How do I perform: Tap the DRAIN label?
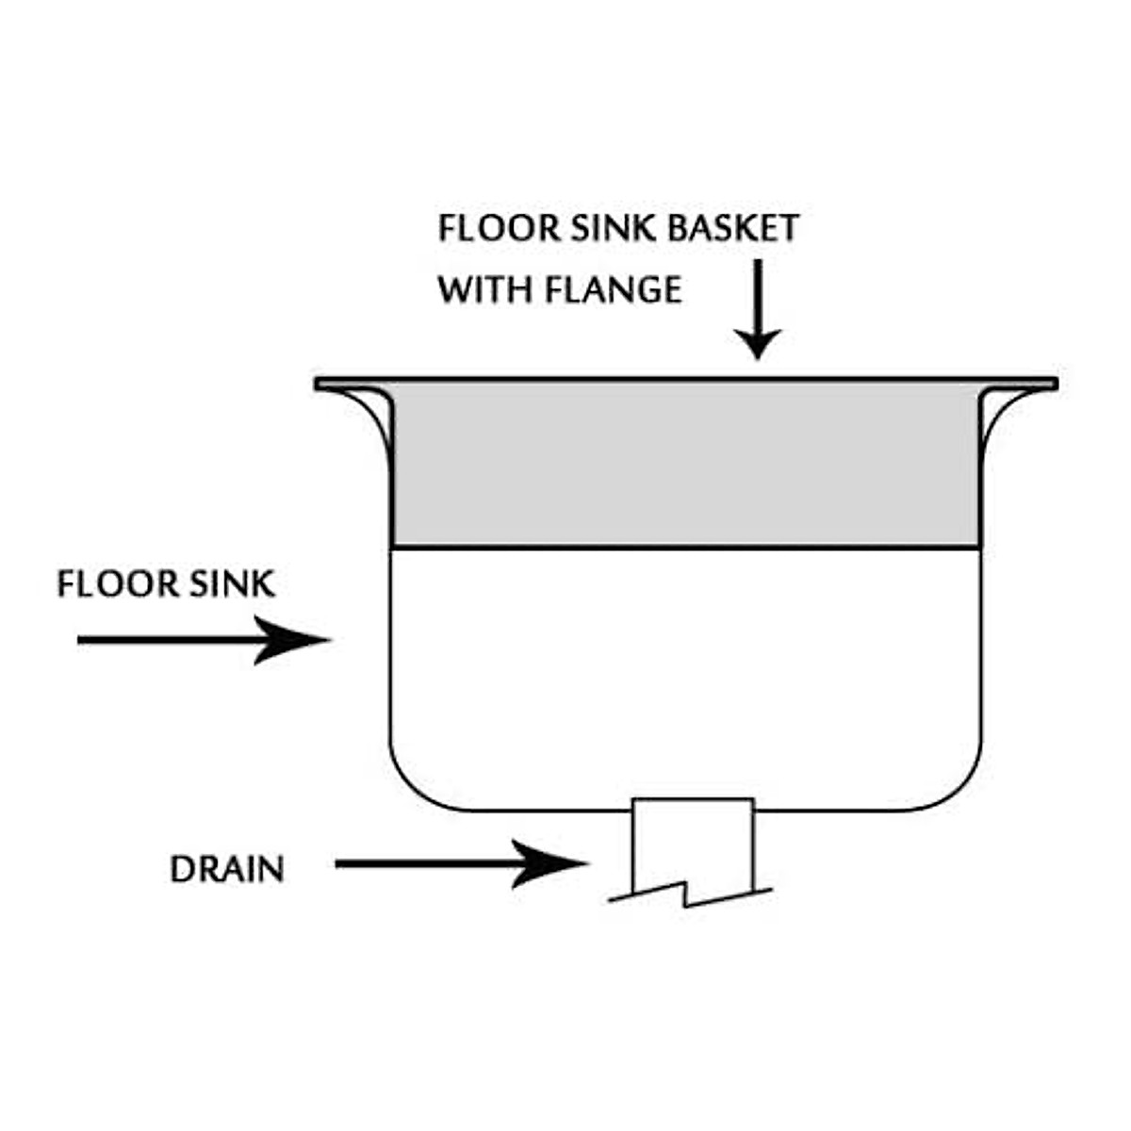click(227, 869)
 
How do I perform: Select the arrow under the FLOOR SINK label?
click(203, 640)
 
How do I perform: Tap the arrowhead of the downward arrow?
click(756, 343)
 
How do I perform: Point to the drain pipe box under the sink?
click(693, 844)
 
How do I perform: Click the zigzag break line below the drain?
click(690, 895)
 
